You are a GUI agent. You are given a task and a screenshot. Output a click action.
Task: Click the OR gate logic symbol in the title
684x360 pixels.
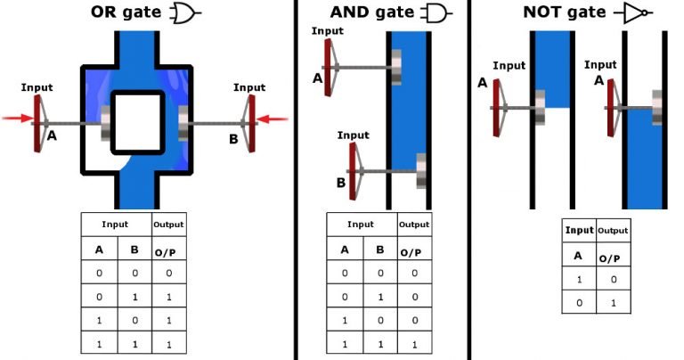[x=184, y=14]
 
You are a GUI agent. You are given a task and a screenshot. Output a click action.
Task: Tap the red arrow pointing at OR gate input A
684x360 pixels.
[x=19, y=118]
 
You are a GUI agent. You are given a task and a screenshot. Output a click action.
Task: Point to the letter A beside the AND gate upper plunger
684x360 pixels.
[x=317, y=78]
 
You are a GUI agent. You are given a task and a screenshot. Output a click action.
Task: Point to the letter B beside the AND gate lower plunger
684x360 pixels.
[x=340, y=184]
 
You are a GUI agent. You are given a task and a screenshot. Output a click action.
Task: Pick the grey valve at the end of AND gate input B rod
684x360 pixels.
[x=421, y=171]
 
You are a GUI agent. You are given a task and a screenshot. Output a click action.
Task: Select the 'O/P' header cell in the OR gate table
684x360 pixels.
[x=163, y=250]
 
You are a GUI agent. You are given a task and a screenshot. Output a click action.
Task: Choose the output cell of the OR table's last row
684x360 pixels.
[x=163, y=341]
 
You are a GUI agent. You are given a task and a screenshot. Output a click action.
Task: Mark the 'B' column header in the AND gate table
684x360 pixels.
[x=379, y=250]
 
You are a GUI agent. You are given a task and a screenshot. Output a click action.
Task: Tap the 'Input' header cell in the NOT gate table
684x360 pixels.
[x=579, y=231]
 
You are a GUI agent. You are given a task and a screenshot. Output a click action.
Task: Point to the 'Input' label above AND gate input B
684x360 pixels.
[x=354, y=135]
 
